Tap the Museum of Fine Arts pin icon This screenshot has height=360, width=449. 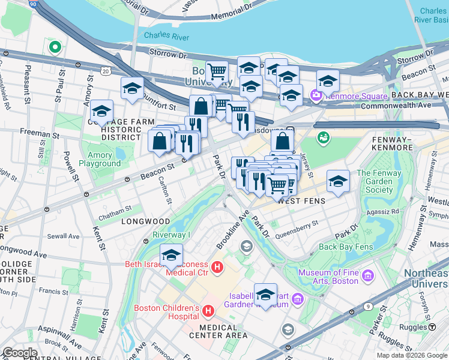368,275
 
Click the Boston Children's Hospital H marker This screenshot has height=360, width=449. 208,311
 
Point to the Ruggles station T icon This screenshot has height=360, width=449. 432,327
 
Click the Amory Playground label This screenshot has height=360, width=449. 99,159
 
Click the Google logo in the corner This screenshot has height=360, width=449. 20,353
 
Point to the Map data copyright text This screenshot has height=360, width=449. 411,355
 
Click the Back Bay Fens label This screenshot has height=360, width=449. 346,246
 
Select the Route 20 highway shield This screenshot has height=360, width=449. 106,71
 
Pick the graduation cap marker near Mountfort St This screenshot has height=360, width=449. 132,88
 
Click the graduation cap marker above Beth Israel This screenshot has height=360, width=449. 171,254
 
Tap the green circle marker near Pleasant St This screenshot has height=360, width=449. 55,46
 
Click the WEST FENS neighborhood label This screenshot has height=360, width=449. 301,201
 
